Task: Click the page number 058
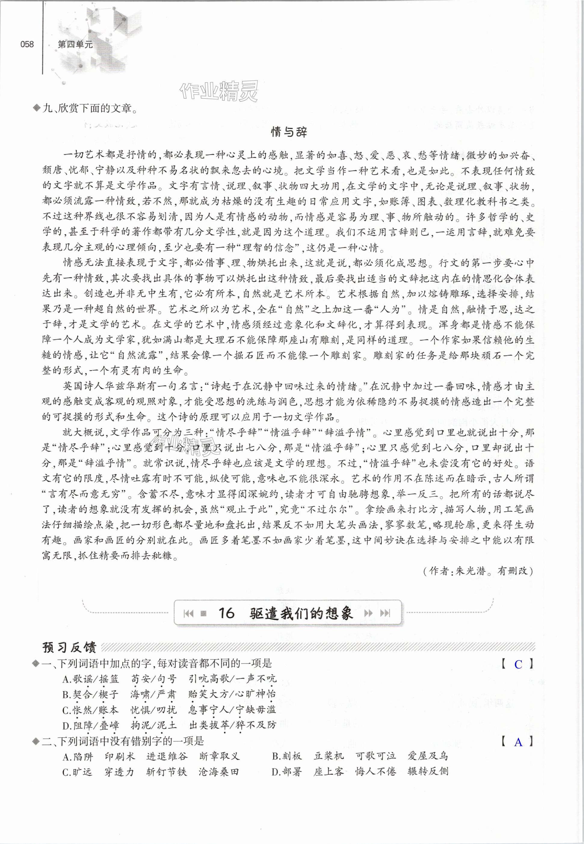pyautogui.click(x=27, y=44)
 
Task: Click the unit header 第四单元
pyautogui.click(x=75, y=45)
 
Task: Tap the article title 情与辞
pyautogui.click(x=289, y=132)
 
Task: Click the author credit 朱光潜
pyautogui.click(x=471, y=571)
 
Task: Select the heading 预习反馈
pyautogui.click(x=69, y=647)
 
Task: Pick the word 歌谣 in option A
pyautogui.click(x=83, y=679)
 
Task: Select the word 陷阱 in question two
pyautogui.click(x=83, y=756)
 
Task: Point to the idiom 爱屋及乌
pyautogui.click(x=428, y=756)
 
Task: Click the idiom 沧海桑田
pyautogui.click(x=218, y=772)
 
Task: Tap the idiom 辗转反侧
pyautogui.click(x=428, y=771)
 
